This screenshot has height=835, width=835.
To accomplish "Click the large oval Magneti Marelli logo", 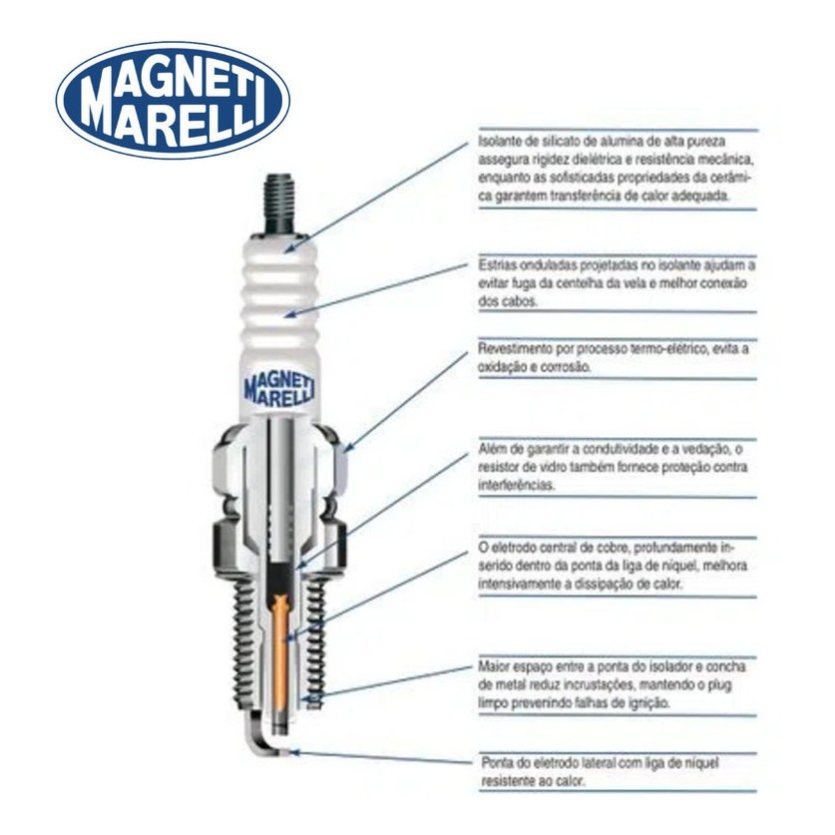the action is pyautogui.click(x=173, y=100).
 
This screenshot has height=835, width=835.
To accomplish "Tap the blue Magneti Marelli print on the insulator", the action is pyautogui.click(x=279, y=390).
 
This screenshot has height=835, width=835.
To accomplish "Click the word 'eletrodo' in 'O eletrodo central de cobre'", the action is pyautogui.click(x=514, y=548).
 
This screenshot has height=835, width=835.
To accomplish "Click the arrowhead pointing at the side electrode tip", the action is pyautogui.click(x=294, y=752).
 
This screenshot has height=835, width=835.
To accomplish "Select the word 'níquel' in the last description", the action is pyautogui.click(x=701, y=762).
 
